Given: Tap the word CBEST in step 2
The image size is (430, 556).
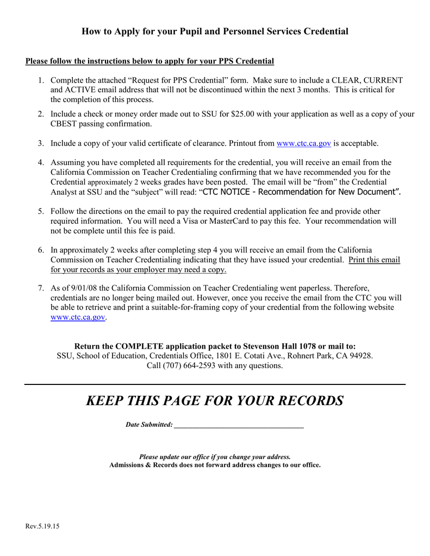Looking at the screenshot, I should point(63,124).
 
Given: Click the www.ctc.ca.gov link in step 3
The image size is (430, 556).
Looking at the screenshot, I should point(303,143).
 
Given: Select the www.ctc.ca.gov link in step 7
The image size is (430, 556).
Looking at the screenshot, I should point(77,317).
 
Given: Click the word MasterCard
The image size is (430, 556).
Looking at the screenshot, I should point(291,221).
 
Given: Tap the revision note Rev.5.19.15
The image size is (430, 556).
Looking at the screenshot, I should point(42,526).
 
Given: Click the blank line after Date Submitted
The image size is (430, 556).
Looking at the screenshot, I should point(239,425).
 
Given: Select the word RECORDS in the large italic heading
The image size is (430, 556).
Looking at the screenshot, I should point(308,401).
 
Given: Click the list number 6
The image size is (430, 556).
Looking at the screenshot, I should point(41,250).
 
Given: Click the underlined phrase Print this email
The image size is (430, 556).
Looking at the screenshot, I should point(374,260).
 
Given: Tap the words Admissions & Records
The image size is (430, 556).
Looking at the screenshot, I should point(138,465).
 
